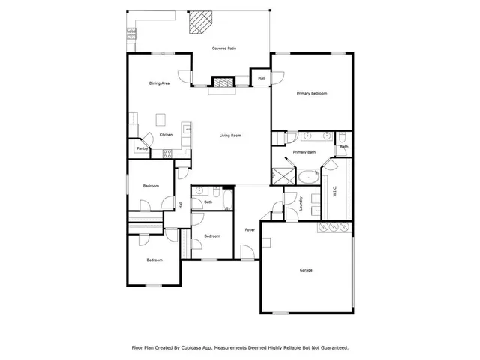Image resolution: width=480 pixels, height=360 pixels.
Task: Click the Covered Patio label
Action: coord(223,48)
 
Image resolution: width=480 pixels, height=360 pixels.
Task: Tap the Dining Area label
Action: coord(159,83)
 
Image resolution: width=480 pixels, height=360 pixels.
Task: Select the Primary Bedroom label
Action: coord(312,93)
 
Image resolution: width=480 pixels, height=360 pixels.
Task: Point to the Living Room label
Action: coord(230,136)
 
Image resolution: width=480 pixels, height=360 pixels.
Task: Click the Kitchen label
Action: coord(166,135)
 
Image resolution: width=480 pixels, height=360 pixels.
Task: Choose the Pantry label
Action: coord(142,148)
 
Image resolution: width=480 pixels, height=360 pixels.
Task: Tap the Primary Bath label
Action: coord(304,152)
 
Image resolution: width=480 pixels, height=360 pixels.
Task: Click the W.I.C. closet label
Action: coord(334,192)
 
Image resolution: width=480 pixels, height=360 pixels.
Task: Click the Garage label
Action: coord(306,270)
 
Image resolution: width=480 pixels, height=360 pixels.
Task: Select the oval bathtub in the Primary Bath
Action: coord(307,178)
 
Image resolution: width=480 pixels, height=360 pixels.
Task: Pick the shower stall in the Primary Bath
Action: coord(283,177)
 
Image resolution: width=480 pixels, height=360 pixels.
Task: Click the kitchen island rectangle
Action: coord(160,118)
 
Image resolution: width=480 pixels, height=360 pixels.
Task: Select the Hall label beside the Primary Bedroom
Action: coord(262,78)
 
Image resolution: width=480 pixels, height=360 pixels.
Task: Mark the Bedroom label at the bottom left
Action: coord(154,260)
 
